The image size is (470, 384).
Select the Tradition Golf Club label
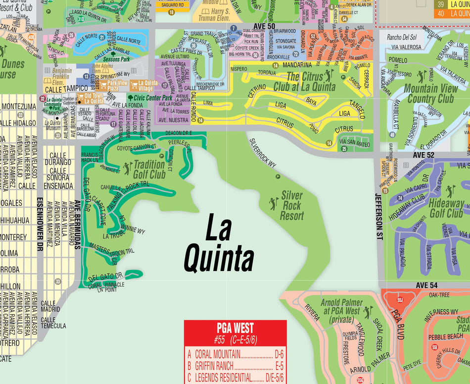coord(149,169)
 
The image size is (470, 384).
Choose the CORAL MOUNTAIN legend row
coord(235,354)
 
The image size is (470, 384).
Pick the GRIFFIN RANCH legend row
coord(235,367)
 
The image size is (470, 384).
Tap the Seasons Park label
coord(117,59)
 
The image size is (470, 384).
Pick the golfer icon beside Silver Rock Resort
coord(274,203)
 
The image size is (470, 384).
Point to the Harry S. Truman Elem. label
coord(213,14)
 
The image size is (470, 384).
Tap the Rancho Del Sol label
coord(401,37)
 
